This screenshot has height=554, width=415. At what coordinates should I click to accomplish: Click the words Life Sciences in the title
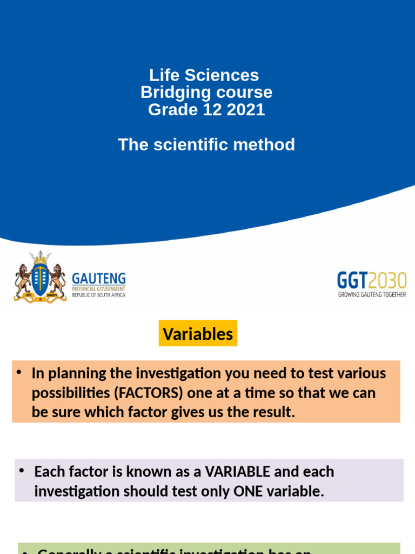point(204,75)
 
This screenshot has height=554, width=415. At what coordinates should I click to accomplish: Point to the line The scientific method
point(206,144)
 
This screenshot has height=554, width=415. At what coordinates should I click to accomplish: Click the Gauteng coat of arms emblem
point(40,276)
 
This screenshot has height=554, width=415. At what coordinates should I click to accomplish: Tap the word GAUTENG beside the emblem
point(99,279)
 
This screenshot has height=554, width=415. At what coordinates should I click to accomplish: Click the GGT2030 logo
point(371,280)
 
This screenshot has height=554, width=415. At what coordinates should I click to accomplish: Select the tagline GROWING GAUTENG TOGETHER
point(372,295)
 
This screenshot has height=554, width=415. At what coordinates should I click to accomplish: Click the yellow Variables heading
point(198,334)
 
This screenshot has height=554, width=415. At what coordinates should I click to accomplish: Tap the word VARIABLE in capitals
point(238,471)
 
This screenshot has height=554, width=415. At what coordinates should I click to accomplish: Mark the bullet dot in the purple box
point(23,471)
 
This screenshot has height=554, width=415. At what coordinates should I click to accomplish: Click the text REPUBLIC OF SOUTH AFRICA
point(99,295)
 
